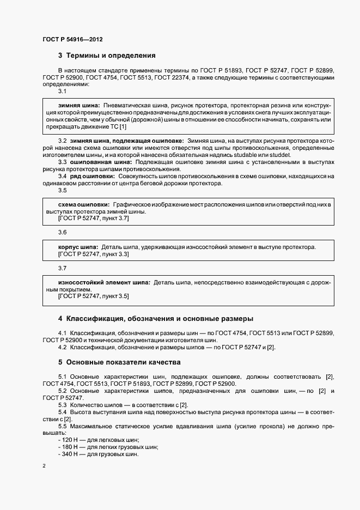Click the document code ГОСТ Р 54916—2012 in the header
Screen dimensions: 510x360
click(x=72, y=40)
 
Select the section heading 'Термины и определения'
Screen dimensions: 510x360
click(x=111, y=55)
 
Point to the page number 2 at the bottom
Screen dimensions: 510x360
click(x=44, y=466)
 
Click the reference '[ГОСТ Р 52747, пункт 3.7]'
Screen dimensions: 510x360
click(x=93, y=218)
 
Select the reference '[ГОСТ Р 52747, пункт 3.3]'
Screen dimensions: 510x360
click(x=93, y=254)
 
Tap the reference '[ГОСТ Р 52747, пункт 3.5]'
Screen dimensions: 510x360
click(x=93, y=296)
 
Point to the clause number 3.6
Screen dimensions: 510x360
click(x=62, y=232)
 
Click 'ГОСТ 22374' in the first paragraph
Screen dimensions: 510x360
click(x=172, y=78)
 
